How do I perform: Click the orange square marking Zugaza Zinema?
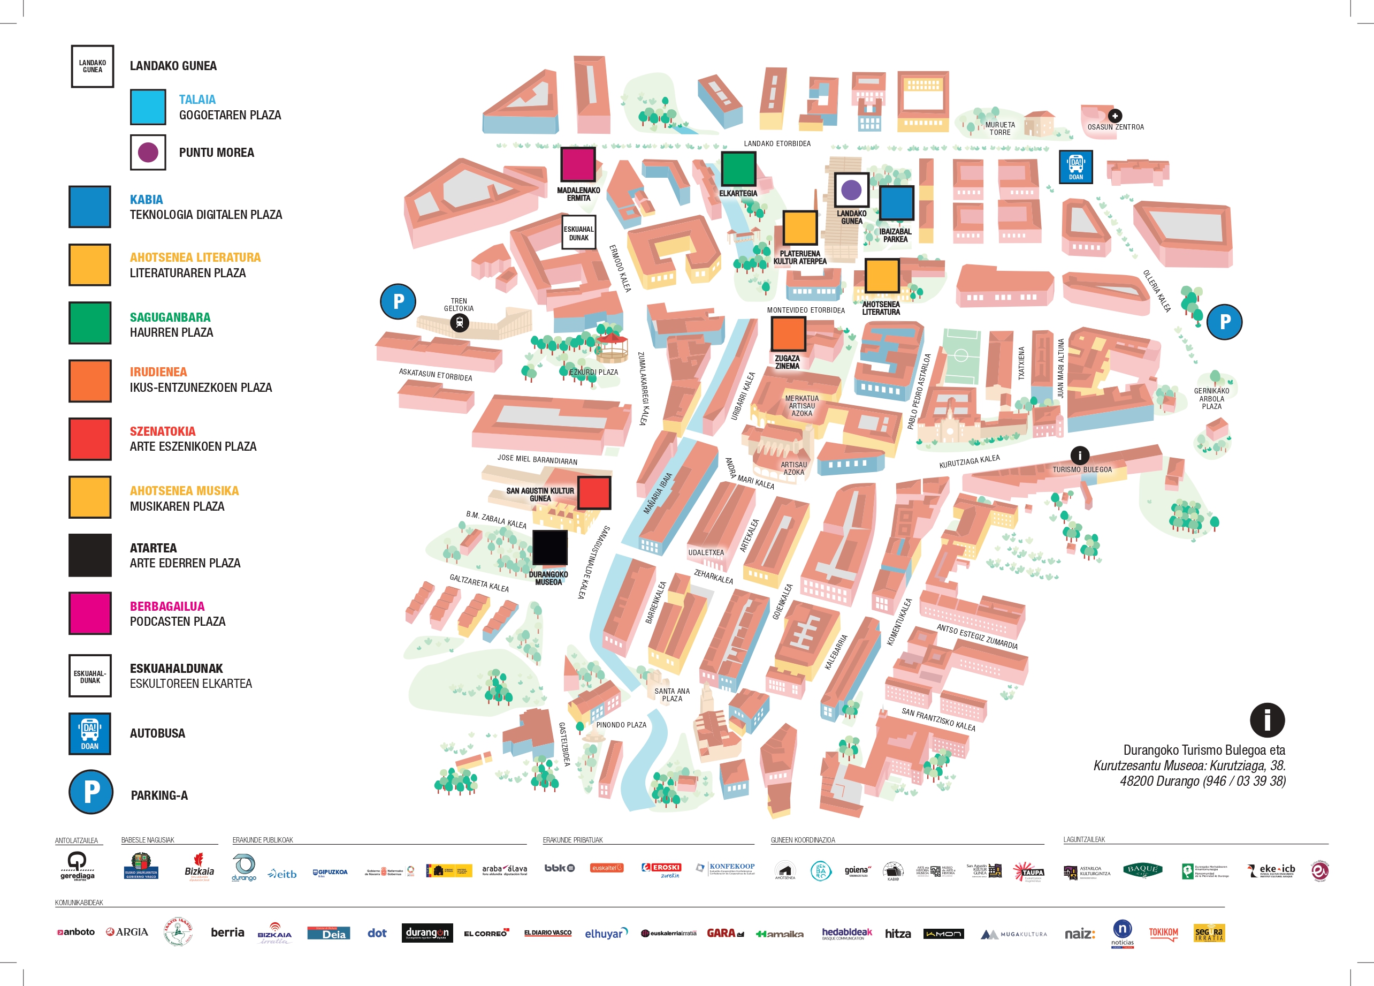[788, 334]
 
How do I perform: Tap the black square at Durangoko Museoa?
[549, 548]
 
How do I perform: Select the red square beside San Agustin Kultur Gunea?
[594, 492]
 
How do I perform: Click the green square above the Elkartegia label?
[738, 169]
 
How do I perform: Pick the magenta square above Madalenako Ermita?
[577, 164]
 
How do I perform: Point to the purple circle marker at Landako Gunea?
[851, 189]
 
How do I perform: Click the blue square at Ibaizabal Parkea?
[896, 203]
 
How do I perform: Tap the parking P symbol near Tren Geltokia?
[398, 301]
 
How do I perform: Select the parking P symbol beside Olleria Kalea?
[1224, 322]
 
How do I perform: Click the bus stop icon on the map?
[1075, 166]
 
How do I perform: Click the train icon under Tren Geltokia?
[459, 323]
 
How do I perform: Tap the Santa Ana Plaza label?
[672, 694]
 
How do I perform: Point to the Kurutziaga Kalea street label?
[969, 462]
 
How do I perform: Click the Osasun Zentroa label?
[1116, 127]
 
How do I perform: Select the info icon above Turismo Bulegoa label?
[1080, 454]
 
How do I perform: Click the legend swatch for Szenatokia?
[90, 439]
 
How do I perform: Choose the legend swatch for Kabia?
[90, 207]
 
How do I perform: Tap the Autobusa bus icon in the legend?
[90, 733]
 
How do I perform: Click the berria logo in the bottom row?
[227, 932]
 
